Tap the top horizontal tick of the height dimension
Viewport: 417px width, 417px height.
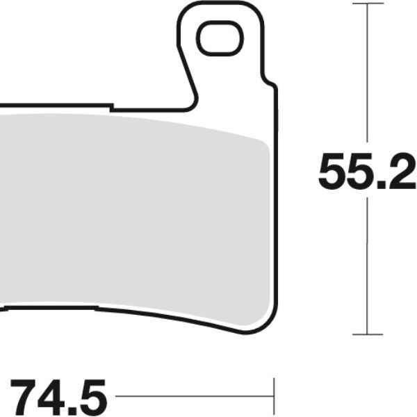coord(367,3)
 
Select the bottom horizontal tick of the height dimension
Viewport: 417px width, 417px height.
coord(367,334)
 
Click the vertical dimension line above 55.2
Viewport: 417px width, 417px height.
coord(367,76)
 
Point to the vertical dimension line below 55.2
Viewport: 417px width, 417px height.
coord(367,264)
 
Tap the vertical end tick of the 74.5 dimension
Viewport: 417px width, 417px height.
coord(275,397)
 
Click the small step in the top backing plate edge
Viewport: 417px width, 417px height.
coord(112,107)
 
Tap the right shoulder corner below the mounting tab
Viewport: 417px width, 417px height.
coord(272,87)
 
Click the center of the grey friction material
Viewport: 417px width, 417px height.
coord(132,215)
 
